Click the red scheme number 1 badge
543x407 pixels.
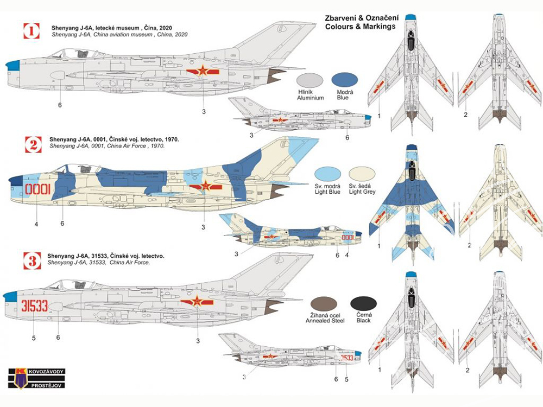(x=31, y=31)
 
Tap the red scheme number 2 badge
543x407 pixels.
(x=34, y=145)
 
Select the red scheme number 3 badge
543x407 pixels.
(x=32, y=260)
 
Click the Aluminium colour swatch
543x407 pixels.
(x=310, y=80)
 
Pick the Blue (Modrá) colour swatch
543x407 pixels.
(x=345, y=80)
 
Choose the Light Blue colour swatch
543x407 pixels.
(x=327, y=174)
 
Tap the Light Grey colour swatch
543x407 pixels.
(x=362, y=174)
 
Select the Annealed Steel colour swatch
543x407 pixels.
(x=324, y=304)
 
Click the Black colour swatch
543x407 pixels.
(x=363, y=303)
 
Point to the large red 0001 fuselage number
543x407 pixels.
(x=38, y=189)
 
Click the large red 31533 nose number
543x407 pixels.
(x=34, y=306)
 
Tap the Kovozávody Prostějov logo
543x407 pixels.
(x=37, y=378)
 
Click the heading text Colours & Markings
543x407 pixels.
(x=360, y=27)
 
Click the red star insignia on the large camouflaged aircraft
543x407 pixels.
(x=205, y=187)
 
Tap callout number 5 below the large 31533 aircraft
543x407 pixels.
(x=34, y=338)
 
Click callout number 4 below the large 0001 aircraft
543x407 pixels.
(x=36, y=224)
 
